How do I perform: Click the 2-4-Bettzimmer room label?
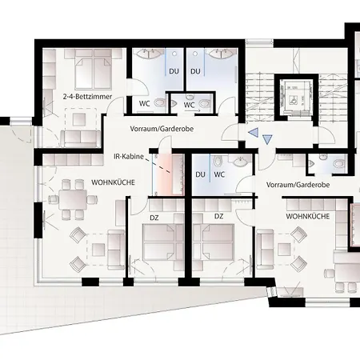click(x=87, y=97)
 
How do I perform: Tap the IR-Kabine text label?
click(x=129, y=157)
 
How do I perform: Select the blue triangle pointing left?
click(x=254, y=132)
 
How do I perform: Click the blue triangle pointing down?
click(x=267, y=139)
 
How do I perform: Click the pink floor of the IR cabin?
click(x=163, y=174)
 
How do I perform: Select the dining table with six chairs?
click(x=73, y=199)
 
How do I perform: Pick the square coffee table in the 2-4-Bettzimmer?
click(x=79, y=119)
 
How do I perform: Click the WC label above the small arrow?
click(x=189, y=105)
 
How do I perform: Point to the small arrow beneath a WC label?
click(x=196, y=110)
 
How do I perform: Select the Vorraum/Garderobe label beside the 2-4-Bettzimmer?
click(x=162, y=129)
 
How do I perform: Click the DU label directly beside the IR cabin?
click(x=200, y=174)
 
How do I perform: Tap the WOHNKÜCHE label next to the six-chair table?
click(x=113, y=182)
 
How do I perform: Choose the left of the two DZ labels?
click(x=154, y=218)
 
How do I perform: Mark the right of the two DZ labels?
click(x=218, y=216)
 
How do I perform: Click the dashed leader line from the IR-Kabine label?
click(x=158, y=166)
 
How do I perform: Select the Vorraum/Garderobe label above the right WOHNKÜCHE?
click(x=298, y=185)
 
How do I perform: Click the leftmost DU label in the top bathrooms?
click(x=174, y=71)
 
